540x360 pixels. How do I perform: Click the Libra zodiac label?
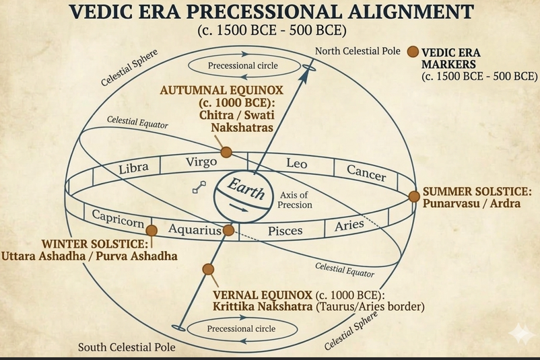pyautogui.click(x=133, y=168)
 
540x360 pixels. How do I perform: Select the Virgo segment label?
pyautogui.click(x=201, y=161)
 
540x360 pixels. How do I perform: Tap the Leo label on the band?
pyautogui.click(x=296, y=163)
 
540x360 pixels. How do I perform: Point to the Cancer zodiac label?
pyautogui.click(x=366, y=173)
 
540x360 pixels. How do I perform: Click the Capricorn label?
pyautogui.click(x=118, y=219)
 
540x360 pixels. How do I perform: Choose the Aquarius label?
pyautogui.click(x=195, y=229)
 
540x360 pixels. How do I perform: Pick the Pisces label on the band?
pyautogui.click(x=285, y=231)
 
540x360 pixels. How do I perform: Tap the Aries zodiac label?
pyautogui.click(x=349, y=226)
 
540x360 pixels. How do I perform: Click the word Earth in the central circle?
pyautogui.click(x=246, y=188)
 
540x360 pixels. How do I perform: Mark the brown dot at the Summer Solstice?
pyautogui.click(x=414, y=196)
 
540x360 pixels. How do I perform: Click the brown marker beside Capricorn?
pyautogui.click(x=151, y=230)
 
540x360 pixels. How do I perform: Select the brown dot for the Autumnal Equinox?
pyautogui.click(x=226, y=152)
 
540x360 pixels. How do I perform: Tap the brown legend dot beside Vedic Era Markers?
pyautogui.click(x=413, y=52)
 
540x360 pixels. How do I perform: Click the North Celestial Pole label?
pyautogui.click(x=358, y=51)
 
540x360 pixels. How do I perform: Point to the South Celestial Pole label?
pyautogui.click(x=127, y=347)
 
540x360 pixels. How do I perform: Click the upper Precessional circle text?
pyautogui.click(x=243, y=65)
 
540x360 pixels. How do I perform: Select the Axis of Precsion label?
pyautogui.click(x=295, y=200)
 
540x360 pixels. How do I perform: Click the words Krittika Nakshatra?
pyautogui.click(x=263, y=306)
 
